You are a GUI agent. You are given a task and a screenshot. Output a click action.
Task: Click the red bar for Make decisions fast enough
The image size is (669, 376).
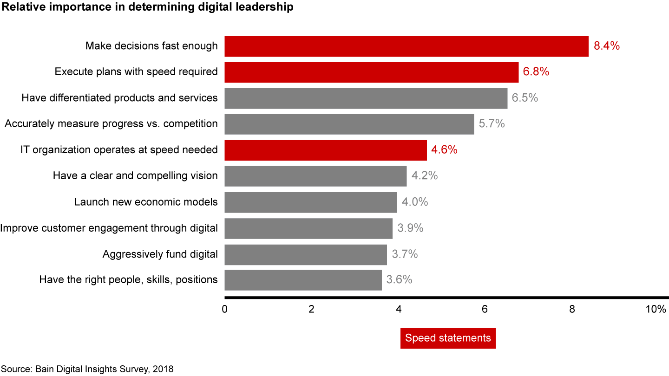[x=407, y=46]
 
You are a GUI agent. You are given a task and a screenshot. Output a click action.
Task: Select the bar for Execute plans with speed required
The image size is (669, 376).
[x=372, y=72]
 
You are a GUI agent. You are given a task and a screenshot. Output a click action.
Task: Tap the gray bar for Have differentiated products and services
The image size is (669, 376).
[x=366, y=98]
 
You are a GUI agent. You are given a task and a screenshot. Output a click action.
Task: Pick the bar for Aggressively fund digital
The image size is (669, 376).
[x=306, y=254]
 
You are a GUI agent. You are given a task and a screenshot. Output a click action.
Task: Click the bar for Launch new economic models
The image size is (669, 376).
[x=311, y=202]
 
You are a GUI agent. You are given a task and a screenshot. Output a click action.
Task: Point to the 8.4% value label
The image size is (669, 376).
[x=607, y=46]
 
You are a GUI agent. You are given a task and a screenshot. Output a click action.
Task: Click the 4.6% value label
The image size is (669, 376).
[x=445, y=150]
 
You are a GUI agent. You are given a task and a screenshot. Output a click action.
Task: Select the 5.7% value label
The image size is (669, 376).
[x=492, y=124]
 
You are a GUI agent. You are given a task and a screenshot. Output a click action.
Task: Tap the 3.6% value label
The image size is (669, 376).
[x=399, y=280]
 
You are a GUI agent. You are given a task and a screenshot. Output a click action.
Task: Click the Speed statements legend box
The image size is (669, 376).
[x=448, y=338]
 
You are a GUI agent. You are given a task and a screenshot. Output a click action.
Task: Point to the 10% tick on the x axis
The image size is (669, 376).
[x=656, y=310]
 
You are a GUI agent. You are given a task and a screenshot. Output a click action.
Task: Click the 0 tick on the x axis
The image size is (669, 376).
[x=225, y=310]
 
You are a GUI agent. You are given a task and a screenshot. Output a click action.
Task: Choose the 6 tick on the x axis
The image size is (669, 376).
[x=485, y=310]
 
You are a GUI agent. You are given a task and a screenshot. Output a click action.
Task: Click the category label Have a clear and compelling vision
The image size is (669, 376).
[x=135, y=176]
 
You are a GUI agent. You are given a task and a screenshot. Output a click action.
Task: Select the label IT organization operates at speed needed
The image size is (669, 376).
[x=119, y=150]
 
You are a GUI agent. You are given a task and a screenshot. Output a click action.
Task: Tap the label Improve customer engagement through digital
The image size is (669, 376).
[x=109, y=228]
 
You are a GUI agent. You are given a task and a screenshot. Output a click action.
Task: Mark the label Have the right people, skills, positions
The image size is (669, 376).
[x=129, y=280]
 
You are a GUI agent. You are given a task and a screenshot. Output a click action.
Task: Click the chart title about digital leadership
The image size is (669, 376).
[x=148, y=7]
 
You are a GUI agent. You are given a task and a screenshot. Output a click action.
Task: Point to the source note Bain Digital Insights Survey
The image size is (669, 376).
[x=87, y=370]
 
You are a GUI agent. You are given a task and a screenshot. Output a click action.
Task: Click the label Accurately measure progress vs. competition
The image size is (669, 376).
[x=111, y=124]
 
